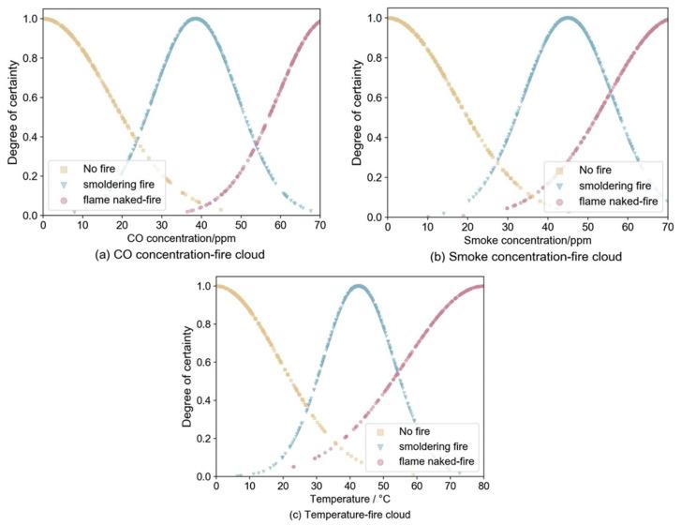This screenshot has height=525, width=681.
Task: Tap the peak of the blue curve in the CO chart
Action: [194, 19]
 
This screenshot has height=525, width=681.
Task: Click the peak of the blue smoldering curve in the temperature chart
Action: [358, 286]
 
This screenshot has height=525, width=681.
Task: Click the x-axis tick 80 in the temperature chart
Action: [482, 486]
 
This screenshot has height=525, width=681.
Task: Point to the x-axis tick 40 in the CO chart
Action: [201, 226]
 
